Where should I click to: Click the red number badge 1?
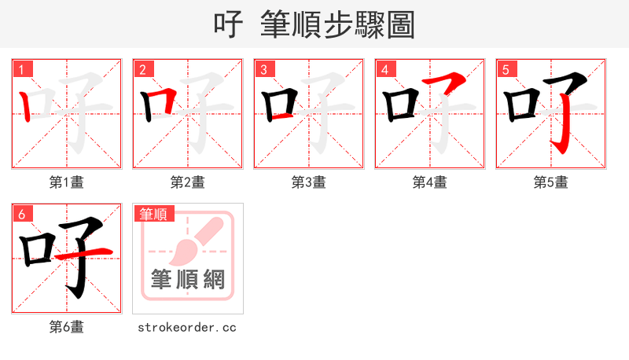click(21, 69)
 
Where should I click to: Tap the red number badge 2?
click(142, 69)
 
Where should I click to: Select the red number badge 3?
click(263, 69)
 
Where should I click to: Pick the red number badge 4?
click(384, 69)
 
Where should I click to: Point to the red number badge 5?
click(506, 69)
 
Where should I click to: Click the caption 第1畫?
click(67, 182)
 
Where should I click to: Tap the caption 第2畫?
click(188, 182)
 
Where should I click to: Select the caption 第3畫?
click(309, 182)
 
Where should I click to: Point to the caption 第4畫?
click(430, 182)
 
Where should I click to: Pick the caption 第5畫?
click(551, 182)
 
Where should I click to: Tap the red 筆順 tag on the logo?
click(154, 214)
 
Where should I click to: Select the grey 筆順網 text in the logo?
click(188, 279)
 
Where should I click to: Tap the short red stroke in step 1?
click(27, 105)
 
